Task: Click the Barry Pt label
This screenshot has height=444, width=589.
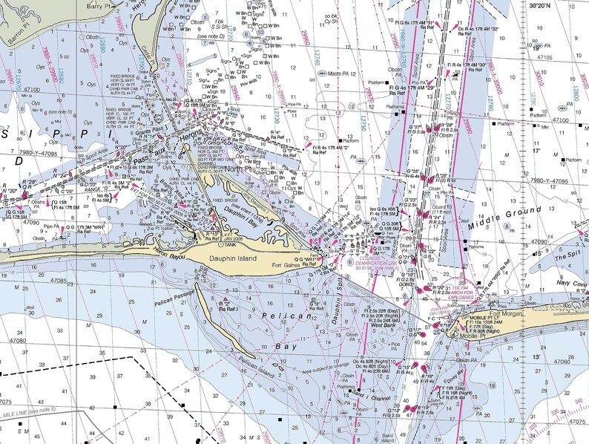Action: [x=103, y=5]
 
